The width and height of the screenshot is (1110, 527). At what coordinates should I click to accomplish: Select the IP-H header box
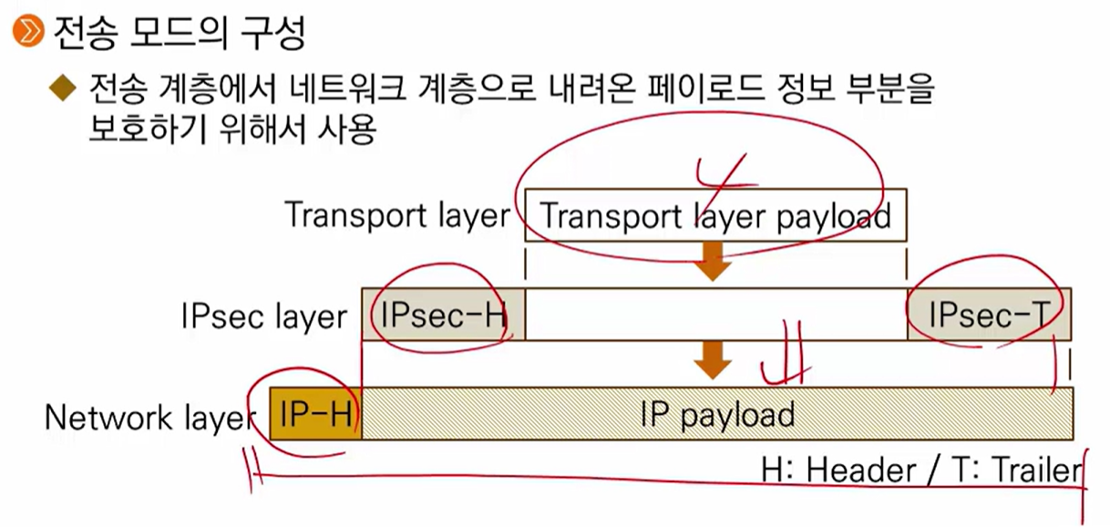click(x=316, y=414)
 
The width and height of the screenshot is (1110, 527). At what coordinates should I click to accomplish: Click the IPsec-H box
click(x=443, y=315)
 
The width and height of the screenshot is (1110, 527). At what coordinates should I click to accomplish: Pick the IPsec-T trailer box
click(x=989, y=315)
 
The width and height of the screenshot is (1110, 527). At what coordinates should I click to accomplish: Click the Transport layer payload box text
click(x=715, y=215)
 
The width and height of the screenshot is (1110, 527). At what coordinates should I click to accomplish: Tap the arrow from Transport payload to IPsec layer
click(x=714, y=263)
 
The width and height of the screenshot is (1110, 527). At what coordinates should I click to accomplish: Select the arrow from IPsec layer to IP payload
click(x=714, y=363)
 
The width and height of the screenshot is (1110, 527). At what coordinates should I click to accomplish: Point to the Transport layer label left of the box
click(x=396, y=216)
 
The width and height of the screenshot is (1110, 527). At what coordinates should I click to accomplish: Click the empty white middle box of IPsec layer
click(x=715, y=315)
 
